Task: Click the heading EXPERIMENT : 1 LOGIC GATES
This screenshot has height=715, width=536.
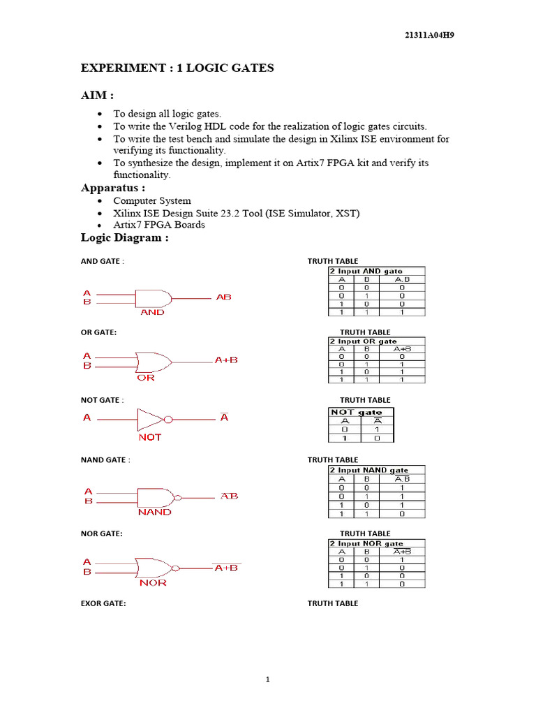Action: pos(177,68)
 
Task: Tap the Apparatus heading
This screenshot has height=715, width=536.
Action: pos(113,188)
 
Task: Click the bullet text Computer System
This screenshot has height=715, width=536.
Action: pos(152,201)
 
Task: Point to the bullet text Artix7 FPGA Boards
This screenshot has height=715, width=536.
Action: pos(159,225)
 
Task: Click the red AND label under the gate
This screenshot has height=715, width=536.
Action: pos(153,313)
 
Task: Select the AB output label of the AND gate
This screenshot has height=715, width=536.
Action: pos(223,297)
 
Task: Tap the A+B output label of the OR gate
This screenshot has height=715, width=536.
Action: pos(226,360)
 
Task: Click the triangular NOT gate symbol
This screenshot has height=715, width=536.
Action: pos(150,420)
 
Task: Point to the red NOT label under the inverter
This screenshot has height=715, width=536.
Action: pos(149,437)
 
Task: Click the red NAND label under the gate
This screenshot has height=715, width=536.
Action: pos(154,512)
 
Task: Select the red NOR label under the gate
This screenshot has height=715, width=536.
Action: pos(153,583)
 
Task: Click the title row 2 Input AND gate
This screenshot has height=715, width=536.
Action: pos(366,271)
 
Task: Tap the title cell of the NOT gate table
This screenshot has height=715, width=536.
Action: pos(361,413)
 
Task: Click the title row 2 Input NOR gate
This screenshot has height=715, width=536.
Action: pos(366,543)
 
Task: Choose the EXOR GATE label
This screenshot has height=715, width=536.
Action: pos(103,603)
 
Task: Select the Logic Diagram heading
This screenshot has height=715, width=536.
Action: pos(125,238)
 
